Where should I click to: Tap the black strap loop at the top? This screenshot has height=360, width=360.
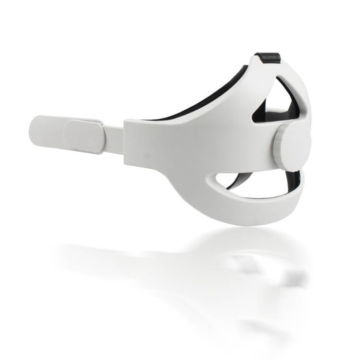[268, 57]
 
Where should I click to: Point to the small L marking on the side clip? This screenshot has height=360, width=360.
[72, 133]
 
